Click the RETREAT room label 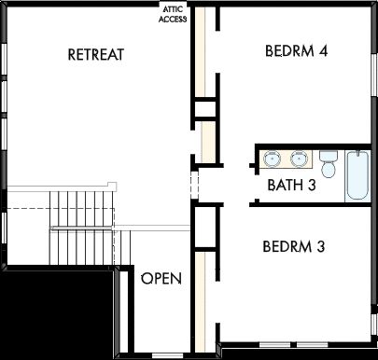[96, 54]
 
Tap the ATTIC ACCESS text [173, 14]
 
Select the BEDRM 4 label [296, 50]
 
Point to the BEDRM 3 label [293, 247]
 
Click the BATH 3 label [291, 186]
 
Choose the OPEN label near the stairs [161, 279]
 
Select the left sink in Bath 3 [273, 158]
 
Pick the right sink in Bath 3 [299, 158]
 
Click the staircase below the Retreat [84, 224]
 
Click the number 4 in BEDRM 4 [322, 50]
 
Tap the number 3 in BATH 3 [312, 186]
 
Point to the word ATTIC [173, 9]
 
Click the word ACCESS [173, 19]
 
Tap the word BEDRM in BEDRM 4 [288, 50]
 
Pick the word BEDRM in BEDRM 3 [286, 247]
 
